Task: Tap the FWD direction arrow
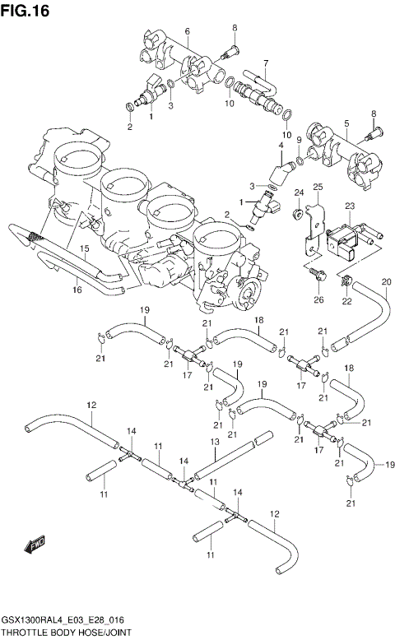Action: (35, 544)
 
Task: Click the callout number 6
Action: (187, 31)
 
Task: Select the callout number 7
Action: (266, 63)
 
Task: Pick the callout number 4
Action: (281, 146)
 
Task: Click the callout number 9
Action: (299, 140)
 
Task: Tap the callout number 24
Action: (299, 193)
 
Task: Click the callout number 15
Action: (84, 248)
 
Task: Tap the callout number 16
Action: (77, 289)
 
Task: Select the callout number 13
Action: (213, 442)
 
